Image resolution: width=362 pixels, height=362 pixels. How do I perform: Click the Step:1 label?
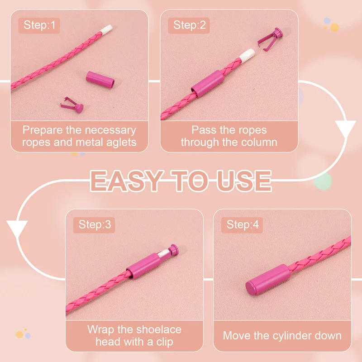pos(39,25)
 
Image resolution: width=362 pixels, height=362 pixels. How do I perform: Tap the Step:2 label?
pos(189,25)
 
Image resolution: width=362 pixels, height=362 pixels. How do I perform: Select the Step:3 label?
pos(95,224)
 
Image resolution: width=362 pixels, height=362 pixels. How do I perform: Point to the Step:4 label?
pos(242,224)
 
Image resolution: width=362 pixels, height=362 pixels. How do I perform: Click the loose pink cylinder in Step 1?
pos(100,80)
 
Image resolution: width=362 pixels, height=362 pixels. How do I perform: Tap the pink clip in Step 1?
pos(72,105)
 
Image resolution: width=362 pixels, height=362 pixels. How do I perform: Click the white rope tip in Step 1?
pos(106,29)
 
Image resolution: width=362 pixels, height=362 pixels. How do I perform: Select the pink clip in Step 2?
pos(270,39)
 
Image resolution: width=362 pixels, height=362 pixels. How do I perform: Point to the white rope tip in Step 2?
pos(247,54)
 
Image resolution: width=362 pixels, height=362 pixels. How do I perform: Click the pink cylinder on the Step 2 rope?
pos(207,84)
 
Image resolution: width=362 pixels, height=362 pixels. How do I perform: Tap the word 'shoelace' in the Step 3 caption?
pos(161,329)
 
